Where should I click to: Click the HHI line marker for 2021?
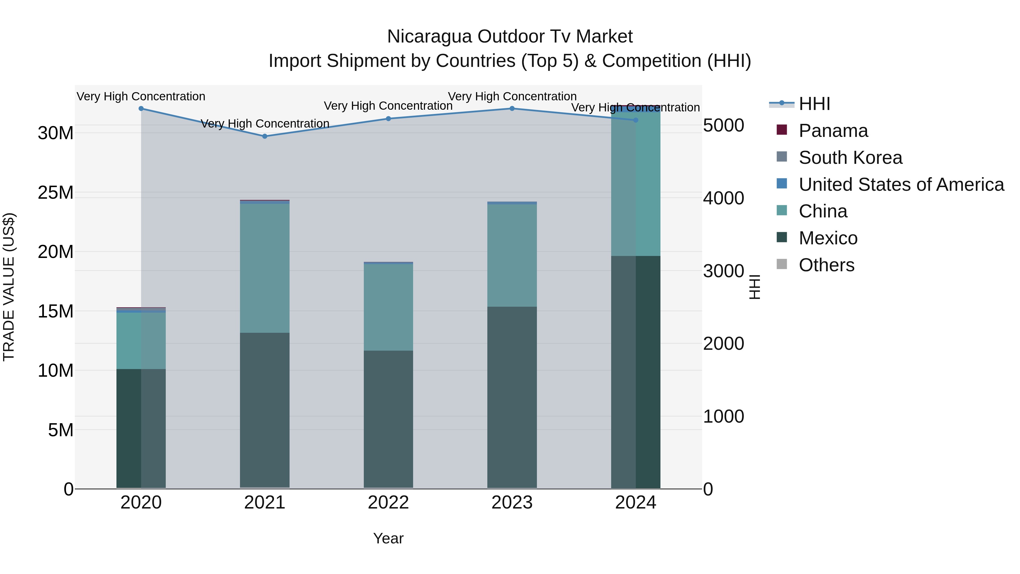click(x=265, y=136)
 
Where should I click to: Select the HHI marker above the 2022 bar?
click(x=388, y=119)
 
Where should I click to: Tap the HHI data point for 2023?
click(x=512, y=109)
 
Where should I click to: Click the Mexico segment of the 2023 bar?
click(x=512, y=396)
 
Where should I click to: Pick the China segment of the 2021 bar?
click(x=265, y=268)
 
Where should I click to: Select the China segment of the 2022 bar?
click(x=388, y=307)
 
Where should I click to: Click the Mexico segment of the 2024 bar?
click(x=636, y=372)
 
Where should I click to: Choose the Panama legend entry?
click(x=833, y=131)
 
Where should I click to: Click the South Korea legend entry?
click(x=850, y=158)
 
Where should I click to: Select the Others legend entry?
click(x=826, y=265)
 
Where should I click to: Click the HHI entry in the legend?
click(x=814, y=104)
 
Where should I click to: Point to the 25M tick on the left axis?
click(x=56, y=192)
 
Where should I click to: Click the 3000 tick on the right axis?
click(x=723, y=271)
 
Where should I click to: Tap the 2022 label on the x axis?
click(x=388, y=503)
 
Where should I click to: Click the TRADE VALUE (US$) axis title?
click(x=9, y=287)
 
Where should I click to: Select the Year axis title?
click(x=388, y=538)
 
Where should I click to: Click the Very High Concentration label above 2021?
click(x=265, y=124)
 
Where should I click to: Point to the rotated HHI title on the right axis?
click(x=755, y=287)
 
